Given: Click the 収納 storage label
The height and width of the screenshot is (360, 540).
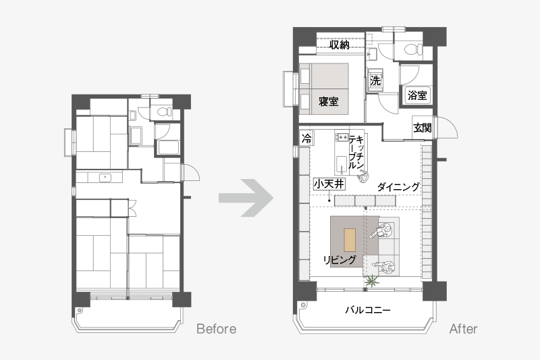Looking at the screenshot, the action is click(x=340, y=45).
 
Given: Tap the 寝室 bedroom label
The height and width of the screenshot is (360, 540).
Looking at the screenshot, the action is click(x=329, y=101).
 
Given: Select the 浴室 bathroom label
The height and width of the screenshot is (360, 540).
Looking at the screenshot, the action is click(x=417, y=95).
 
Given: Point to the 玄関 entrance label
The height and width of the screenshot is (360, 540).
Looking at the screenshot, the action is click(x=423, y=128).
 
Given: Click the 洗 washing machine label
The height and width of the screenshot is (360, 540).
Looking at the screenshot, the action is click(x=375, y=80).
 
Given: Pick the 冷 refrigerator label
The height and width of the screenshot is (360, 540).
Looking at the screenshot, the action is click(x=306, y=138).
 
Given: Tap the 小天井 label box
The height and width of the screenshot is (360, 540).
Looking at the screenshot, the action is click(x=329, y=184).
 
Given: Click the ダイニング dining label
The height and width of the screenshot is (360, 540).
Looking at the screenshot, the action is click(x=398, y=187).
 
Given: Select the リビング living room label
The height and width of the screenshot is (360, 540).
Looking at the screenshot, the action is click(x=340, y=259).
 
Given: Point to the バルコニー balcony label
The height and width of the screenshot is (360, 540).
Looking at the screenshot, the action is click(x=368, y=310).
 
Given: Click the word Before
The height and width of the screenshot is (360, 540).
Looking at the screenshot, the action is click(x=216, y=329).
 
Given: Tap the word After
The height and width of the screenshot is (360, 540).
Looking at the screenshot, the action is click(x=463, y=329).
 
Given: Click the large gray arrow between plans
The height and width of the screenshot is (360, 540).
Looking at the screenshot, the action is click(x=246, y=198).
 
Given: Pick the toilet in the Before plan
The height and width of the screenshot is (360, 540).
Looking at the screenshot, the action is click(x=163, y=111).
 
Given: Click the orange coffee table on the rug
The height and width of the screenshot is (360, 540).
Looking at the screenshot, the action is click(x=350, y=240).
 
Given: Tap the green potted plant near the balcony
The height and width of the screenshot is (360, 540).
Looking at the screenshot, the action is click(x=372, y=281).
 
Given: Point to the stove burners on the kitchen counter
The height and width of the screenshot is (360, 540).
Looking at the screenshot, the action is click(x=342, y=138).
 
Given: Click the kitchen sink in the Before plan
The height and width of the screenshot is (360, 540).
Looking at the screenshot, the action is click(x=105, y=178).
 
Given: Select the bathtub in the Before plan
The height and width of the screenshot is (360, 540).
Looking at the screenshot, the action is click(x=168, y=147).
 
